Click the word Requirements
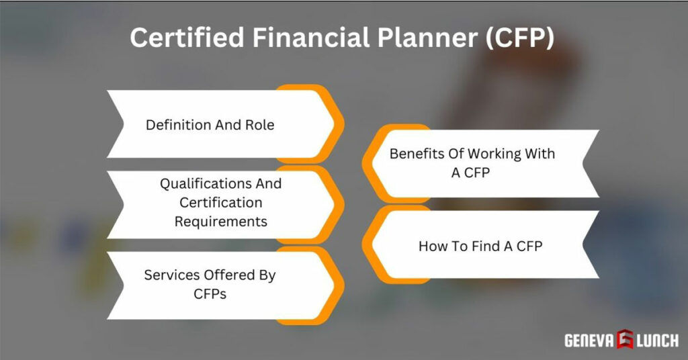tap(220, 221)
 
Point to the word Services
tap(169, 275)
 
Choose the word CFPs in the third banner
tap(209, 294)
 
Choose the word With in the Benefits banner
tap(540, 153)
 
